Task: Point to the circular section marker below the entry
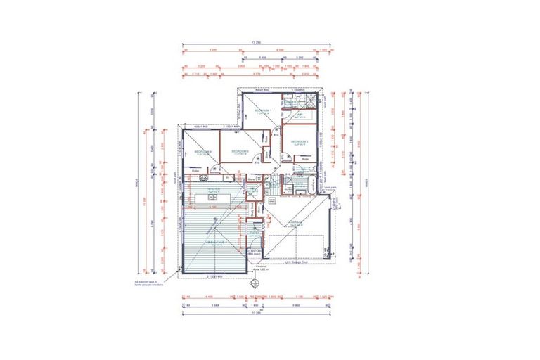[x=255, y=283]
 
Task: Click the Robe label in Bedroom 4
[x=196, y=171]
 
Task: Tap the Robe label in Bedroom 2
[x=306, y=159]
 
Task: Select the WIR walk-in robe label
[x=298, y=114]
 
